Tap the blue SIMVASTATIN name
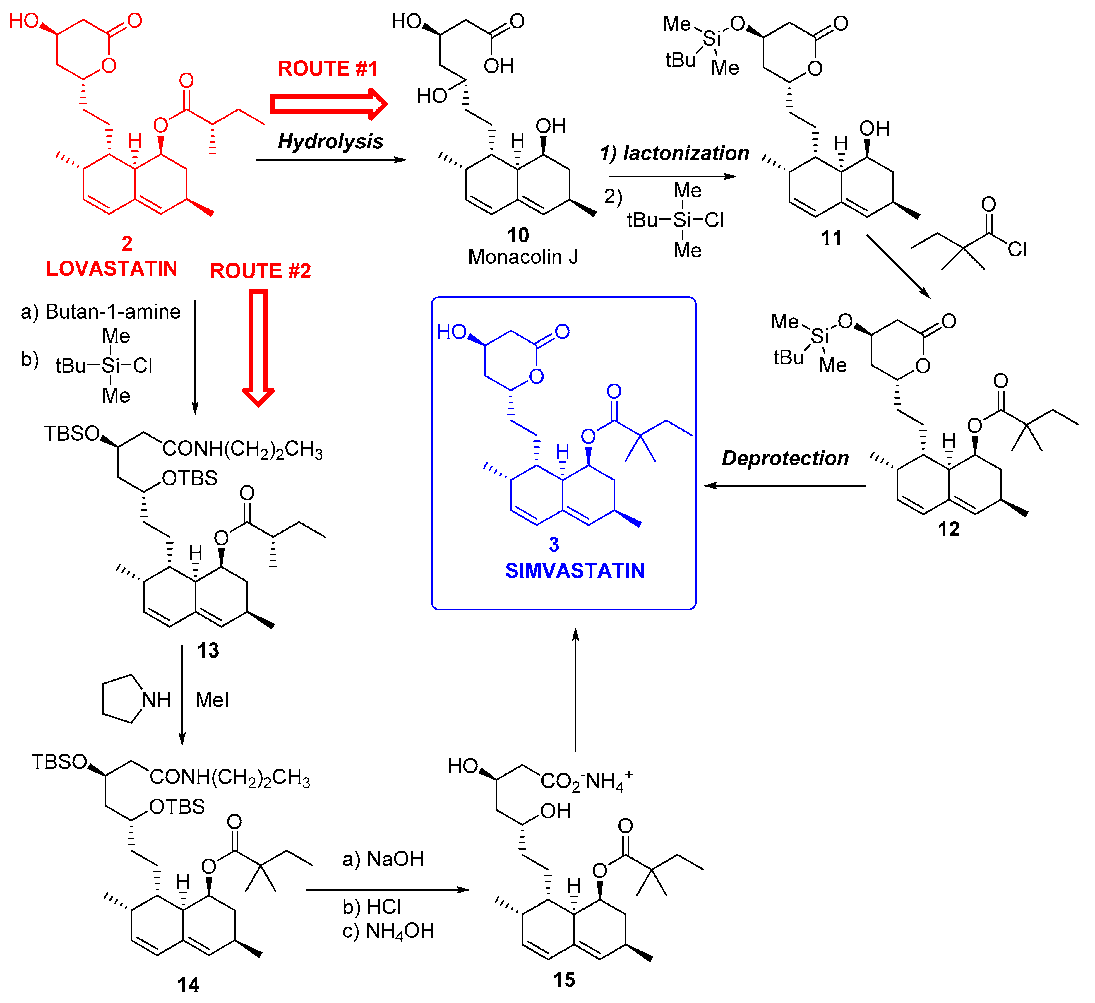point(575,571)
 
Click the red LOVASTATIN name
point(112,268)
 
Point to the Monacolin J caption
point(523,256)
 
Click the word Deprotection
point(785,458)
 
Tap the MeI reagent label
point(212,700)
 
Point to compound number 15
point(564,980)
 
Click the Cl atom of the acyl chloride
point(1017,249)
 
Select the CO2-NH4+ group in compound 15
point(585,781)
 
